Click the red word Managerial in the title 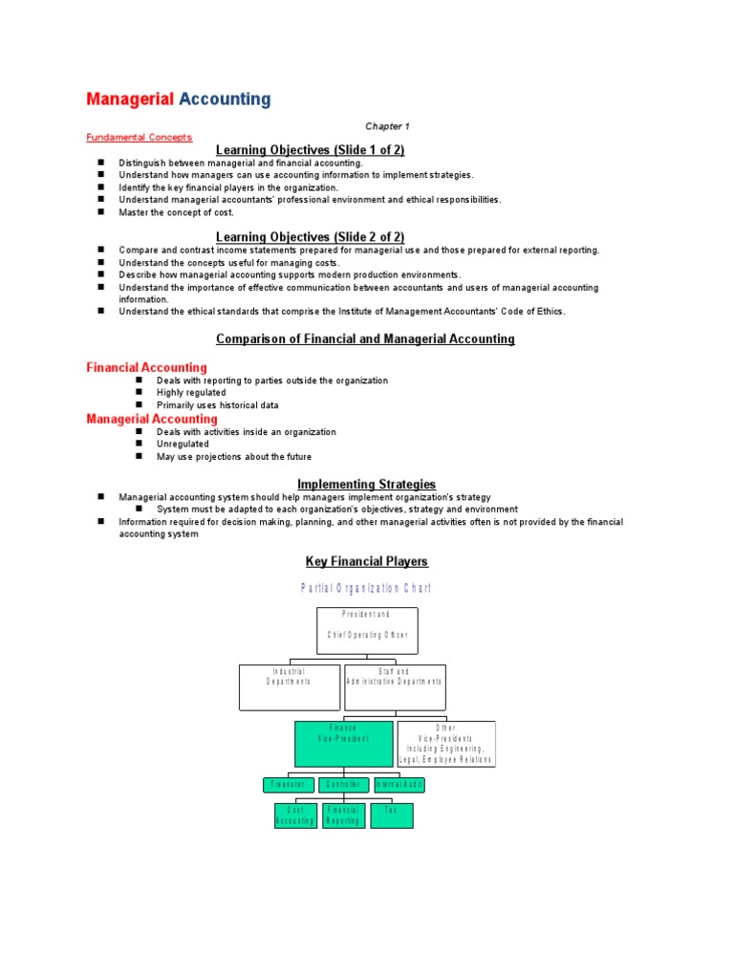pyautogui.click(x=130, y=99)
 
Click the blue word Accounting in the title pyautogui.click(x=225, y=99)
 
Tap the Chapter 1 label pyautogui.click(x=387, y=126)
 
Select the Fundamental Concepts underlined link pyautogui.click(x=140, y=138)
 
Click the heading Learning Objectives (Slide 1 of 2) pyautogui.click(x=311, y=150)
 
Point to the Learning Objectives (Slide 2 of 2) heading pyautogui.click(x=311, y=237)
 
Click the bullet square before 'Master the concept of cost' pyautogui.click(x=99, y=212)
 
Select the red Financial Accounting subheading pyautogui.click(x=146, y=367)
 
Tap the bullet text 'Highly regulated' pyautogui.click(x=191, y=393)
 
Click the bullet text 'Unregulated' pyautogui.click(x=183, y=445)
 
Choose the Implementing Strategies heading pyautogui.click(x=366, y=485)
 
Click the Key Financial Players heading pyautogui.click(x=366, y=562)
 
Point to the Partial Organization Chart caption pyautogui.click(x=366, y=589)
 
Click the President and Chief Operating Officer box pyautogui.click(x=367, y=630)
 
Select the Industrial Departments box pyautogui.click(x=290, y=687)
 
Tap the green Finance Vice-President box pyautogui.click(x=343, y=744)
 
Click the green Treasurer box pyautogui.click(x=288, y=785)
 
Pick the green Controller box pyautogui.click(x=343, y=785)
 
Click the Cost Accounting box pyautogui.click(x=295, y=816)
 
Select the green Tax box pyautogui.click(x=392, y=816)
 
